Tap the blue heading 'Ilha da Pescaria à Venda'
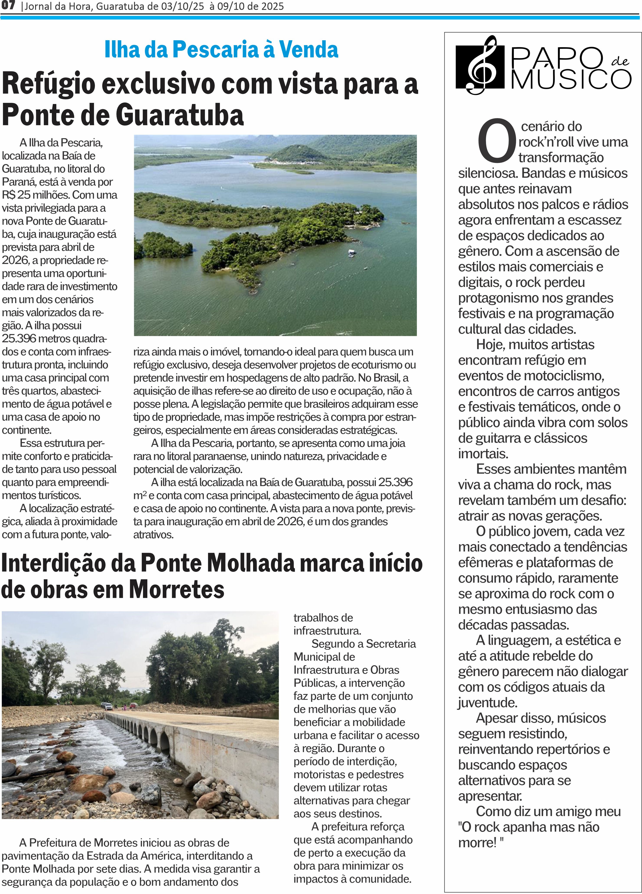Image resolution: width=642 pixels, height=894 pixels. (221, 50)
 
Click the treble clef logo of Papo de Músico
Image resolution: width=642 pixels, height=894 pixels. (480, 65)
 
